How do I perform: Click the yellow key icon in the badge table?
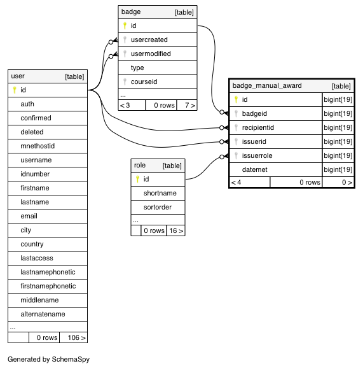(125, 25)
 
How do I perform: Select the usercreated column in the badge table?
(149, 39)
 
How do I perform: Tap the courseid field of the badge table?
(144, 81)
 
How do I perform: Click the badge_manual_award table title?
(267, 86)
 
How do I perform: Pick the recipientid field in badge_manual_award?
(257, 127)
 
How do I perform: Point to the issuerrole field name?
(257, 155)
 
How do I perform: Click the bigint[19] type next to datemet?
(338, 169)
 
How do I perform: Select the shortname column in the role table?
(160, 193)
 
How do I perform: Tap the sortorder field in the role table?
(158, 207)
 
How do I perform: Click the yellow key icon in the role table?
(137, 180)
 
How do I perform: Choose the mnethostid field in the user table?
(38, 146)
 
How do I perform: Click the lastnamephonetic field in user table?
(48, 272)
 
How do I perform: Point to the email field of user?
(29, 216)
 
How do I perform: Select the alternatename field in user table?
(43, 314)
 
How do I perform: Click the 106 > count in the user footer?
(77, 337)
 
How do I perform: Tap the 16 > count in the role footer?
(176, 230)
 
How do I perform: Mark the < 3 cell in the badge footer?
(125, 105)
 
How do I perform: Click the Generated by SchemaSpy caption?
(48, 359)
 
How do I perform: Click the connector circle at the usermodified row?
(111, 56)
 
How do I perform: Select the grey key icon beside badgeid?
(236, 113)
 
